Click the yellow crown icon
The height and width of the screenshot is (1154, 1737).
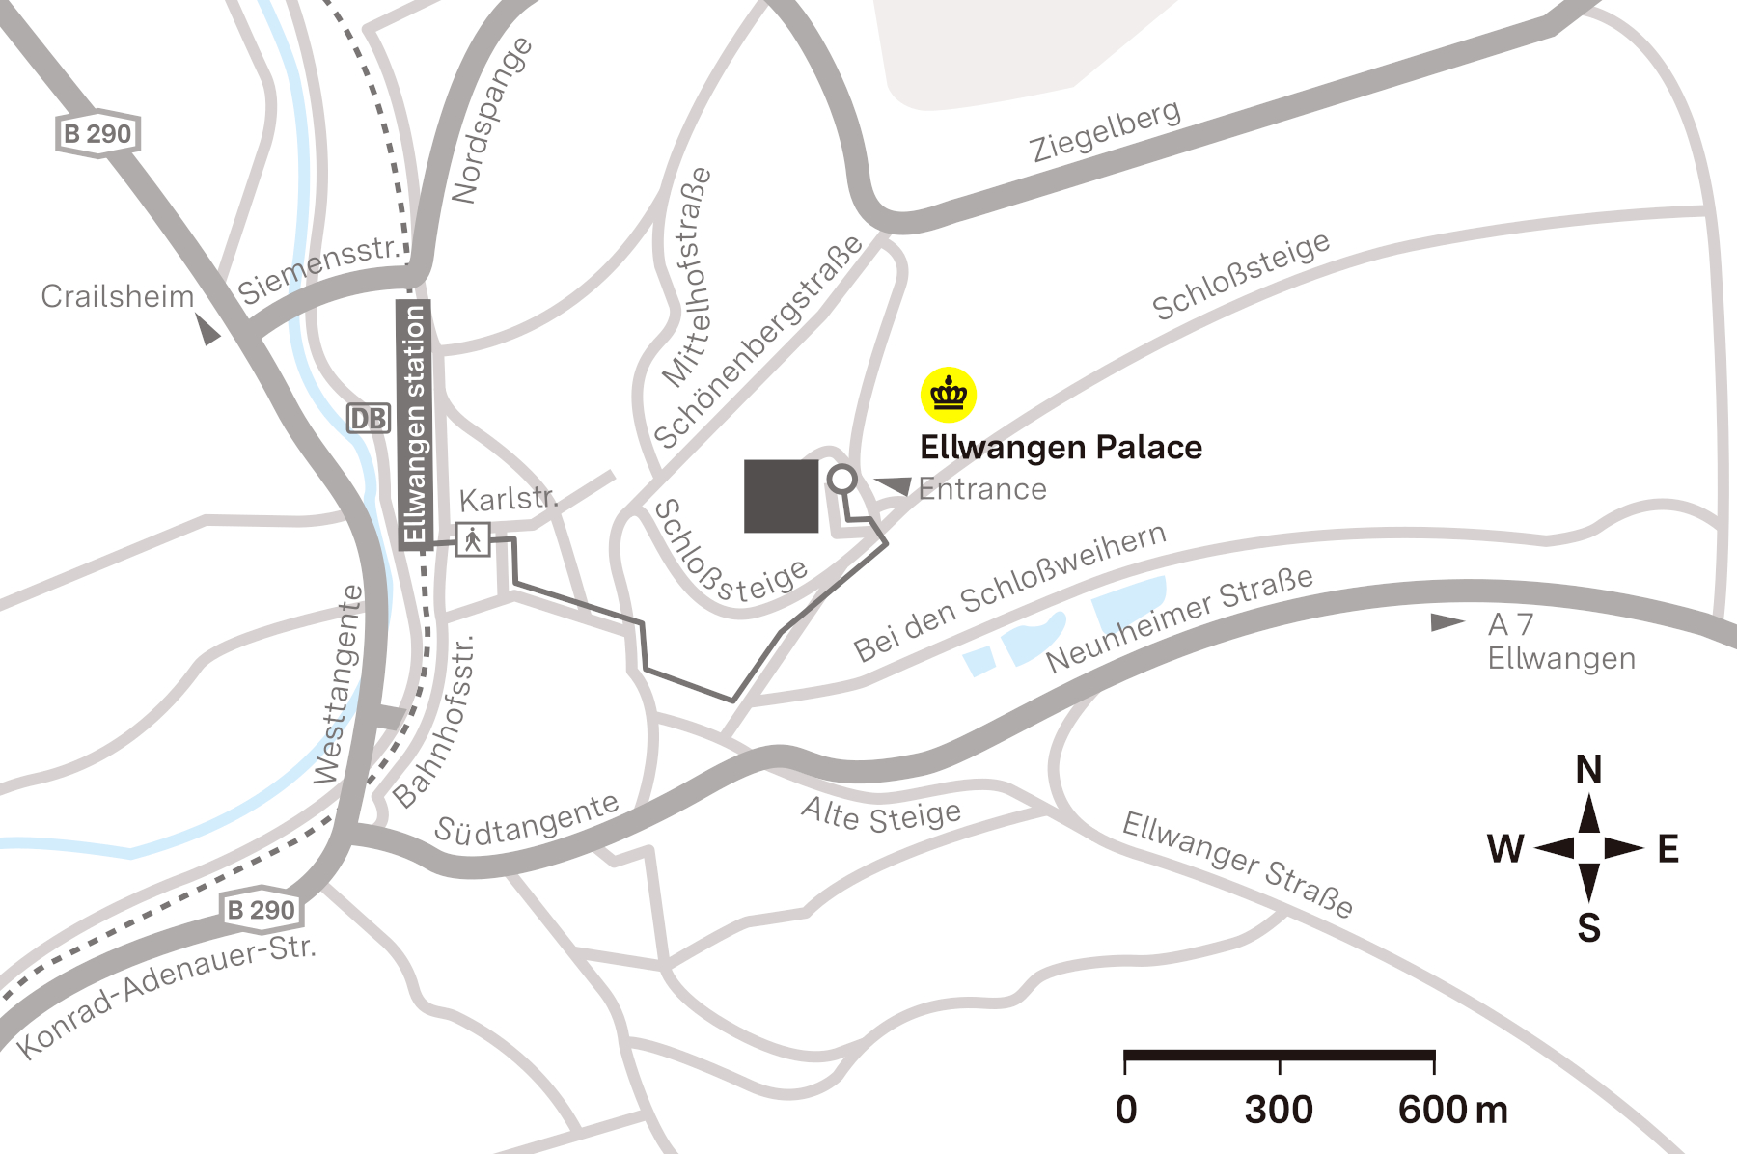pos(949,395)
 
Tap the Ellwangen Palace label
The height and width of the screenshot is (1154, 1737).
pos(1061,448)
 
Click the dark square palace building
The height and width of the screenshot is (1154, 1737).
pos(781,496)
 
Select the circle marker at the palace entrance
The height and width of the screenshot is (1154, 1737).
pos(842,480)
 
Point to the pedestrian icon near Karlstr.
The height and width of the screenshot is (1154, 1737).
pos(473,539)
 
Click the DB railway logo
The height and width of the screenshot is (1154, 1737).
pos(368,419)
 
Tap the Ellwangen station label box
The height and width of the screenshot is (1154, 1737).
pos(414,425)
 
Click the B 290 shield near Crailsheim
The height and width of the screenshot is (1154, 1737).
pos(97,133)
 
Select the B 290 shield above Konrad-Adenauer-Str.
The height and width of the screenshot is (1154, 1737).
pos(260,909)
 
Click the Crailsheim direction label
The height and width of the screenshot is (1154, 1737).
pos(117,296)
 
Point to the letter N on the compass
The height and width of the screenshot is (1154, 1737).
pos(1588,770)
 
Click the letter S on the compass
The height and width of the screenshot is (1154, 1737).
pos(1588,928)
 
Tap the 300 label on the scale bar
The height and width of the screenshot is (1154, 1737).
pos(1279,1110)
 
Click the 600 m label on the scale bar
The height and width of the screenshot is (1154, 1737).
pos(1452,1110)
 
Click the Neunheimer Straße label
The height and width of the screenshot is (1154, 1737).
pos(1179,618)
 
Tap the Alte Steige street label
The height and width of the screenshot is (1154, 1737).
pos(881,815)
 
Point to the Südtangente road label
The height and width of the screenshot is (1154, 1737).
pos(527,819)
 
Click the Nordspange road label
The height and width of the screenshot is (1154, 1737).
pos(492,121)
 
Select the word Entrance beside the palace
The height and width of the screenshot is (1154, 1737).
pos(982,489)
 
